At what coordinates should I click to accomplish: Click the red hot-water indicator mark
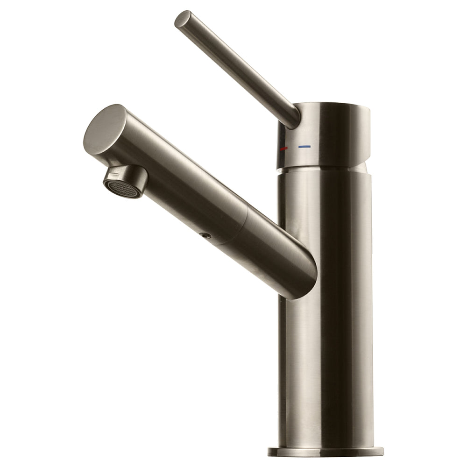pos(283,148)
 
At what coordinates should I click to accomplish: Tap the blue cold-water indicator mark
pos(304,147)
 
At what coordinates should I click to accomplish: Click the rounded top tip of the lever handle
pos(183,19)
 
